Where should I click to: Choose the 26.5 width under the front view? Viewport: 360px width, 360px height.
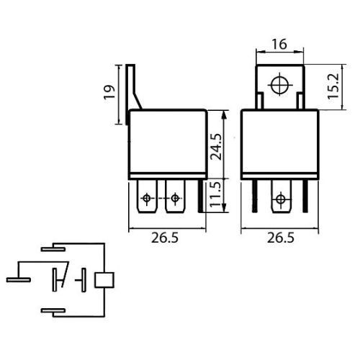tap(279, 240)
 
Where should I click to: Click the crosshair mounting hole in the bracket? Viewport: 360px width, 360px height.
tap(279, 85)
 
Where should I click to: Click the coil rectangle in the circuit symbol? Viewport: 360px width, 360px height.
tap(106, 279)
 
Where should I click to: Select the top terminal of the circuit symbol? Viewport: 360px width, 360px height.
tap(53, 248)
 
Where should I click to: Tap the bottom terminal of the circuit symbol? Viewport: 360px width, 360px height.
tap(53, 311)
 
